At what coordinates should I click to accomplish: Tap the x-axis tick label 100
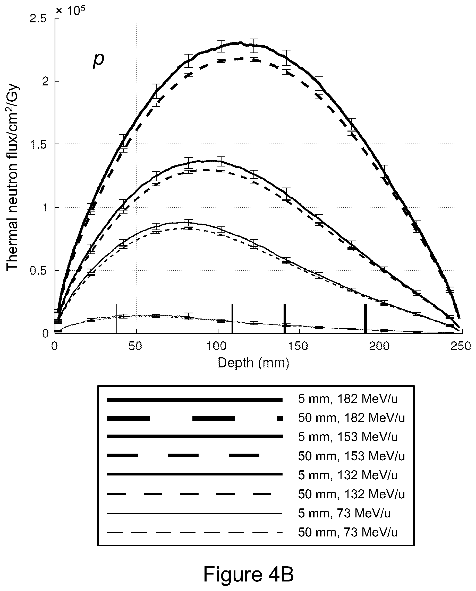coord(218,347)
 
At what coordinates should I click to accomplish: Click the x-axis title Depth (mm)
coord(253,364)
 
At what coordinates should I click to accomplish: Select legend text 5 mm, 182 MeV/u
coord(348,399)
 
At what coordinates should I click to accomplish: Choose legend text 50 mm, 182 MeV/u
coord(351,418)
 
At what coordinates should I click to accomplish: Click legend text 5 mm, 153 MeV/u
coord(348,437)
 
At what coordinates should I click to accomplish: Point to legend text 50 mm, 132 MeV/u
coord(351,494)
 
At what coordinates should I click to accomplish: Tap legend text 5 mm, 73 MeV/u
coord(344,513)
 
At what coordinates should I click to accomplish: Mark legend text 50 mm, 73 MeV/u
coord(348,532)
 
